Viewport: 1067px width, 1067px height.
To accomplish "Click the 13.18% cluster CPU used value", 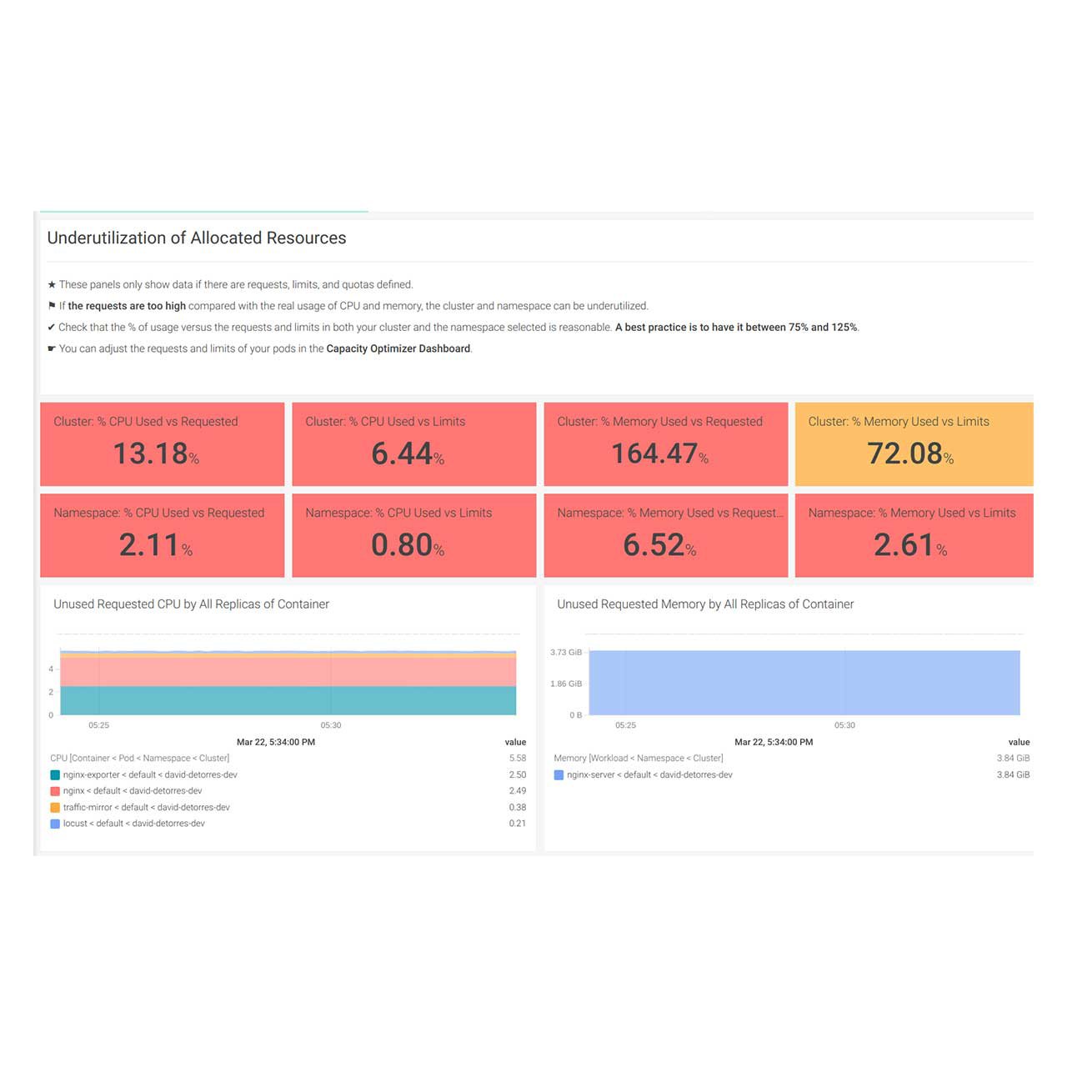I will pyautogui.click(x=156, y=453).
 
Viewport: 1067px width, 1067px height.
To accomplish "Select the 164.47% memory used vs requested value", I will pyautogui.click(x=659, y=453).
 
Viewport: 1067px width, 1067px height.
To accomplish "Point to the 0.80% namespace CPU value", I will pyautogui.click(x=408, y=545).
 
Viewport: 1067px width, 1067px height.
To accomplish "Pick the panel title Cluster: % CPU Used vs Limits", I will pyautogui.click(x=385, y=422).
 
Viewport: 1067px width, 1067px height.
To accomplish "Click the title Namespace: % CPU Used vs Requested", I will pyautogui.click(x=158, y=513).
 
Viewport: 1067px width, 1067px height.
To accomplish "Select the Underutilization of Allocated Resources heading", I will pyautogui.click(x=197, y=238).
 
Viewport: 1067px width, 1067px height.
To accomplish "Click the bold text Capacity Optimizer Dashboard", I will pyautogui.click(x=398, y=349).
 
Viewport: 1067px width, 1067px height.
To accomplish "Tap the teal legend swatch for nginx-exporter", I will pyautogui.click(x=55, y=775).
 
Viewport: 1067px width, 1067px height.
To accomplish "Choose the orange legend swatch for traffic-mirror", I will pyautogui.click(x=55, y=808).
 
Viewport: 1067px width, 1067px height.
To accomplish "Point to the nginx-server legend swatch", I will pyautogui.click(x=559, y=775).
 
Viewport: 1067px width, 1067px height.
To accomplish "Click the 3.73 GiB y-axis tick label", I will pyautogui.click(x=566, y=653).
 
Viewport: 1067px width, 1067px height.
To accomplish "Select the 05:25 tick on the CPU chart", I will pyautogui.click(x=98, y=725).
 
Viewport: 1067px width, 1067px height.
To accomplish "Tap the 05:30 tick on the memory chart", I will pyautogui.click(x=844, y=725).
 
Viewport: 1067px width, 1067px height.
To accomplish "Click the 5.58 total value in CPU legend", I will pyautogui.click(x=518, y=759).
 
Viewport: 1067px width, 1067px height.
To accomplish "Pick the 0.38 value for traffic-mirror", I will pyautogui.click(x=518, y=808).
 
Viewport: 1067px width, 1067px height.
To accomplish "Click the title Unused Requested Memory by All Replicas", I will pyautogui.click(x=705, y=604).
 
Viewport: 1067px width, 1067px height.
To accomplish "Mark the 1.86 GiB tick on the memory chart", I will pyautogui.click(x=566, y=684).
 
